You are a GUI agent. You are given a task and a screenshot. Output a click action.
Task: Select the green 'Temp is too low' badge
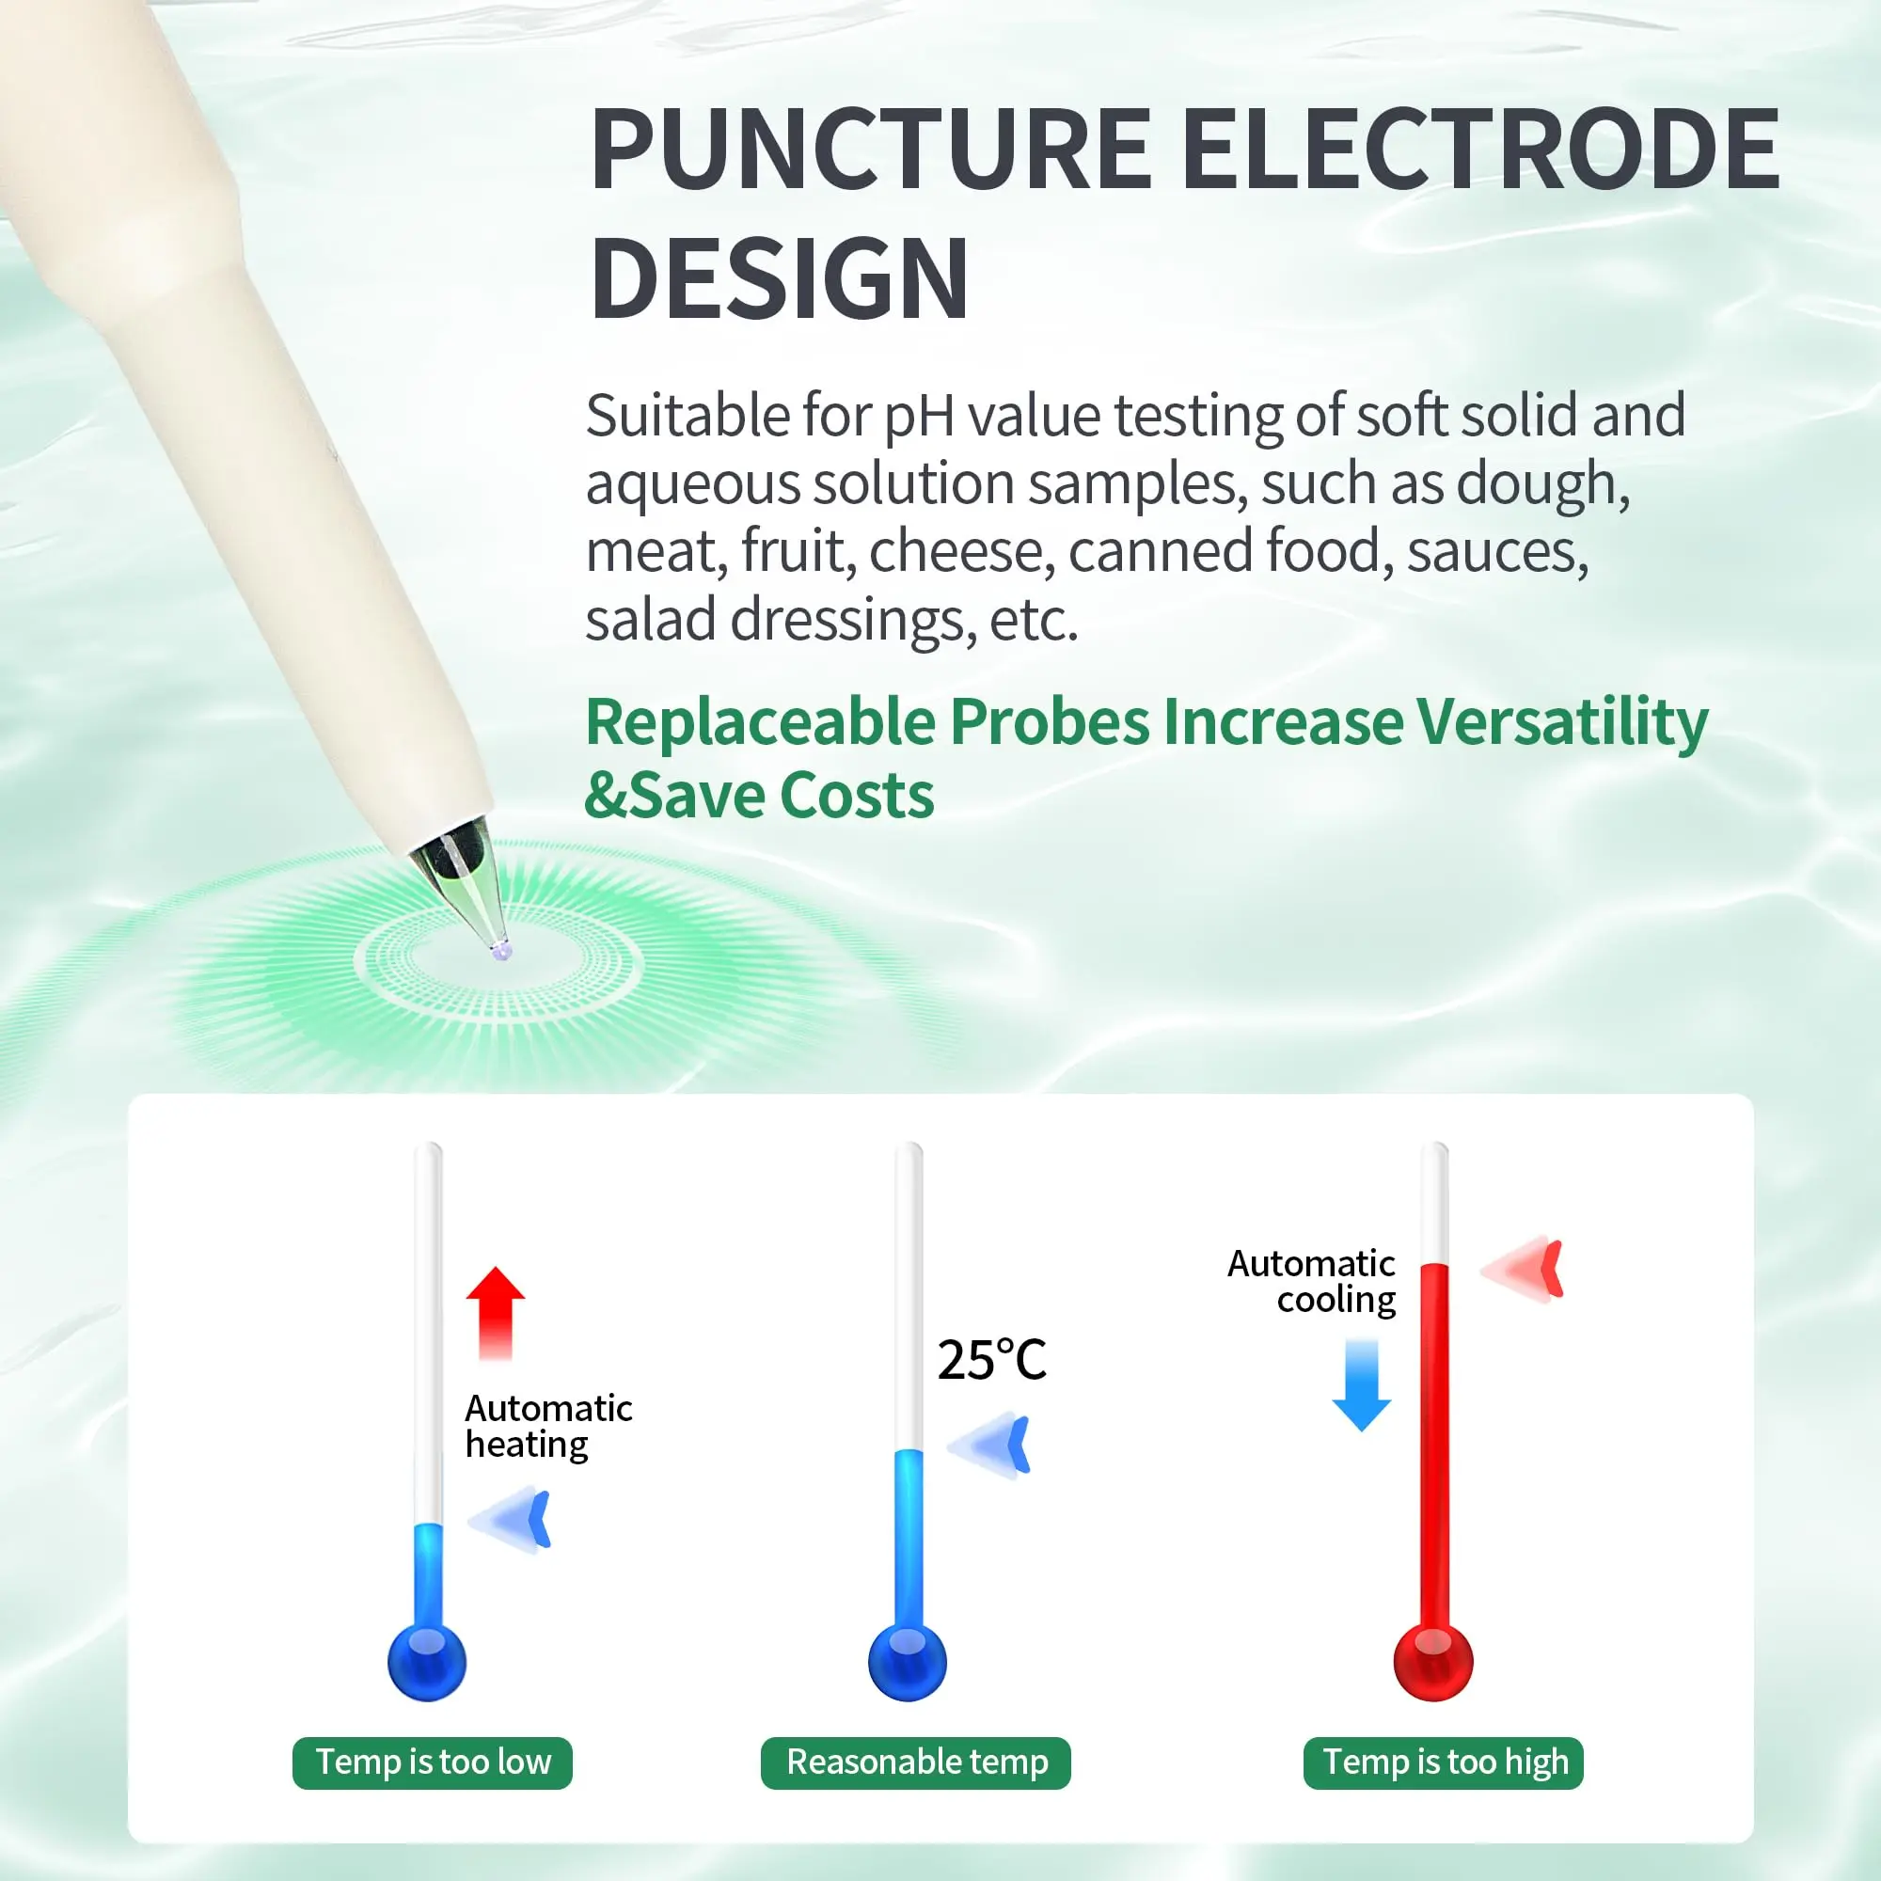click(x=433, y=1762)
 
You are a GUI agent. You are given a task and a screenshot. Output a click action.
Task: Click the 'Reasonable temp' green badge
click(x=915, y=1762)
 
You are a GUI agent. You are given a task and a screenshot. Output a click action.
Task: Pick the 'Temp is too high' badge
click(x=1444, y=1762)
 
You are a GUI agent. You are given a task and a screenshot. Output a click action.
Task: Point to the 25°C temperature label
click(x=991, y=1360)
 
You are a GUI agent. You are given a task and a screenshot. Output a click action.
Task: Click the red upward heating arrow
click(x=496, y=1312)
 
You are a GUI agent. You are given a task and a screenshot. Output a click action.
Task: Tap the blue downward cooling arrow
click(x=1361, y=1385)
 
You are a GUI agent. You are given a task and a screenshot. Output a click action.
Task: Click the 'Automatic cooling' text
click(x=1311, y=1281)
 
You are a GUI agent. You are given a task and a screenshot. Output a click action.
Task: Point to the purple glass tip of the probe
click(x=501, y=950)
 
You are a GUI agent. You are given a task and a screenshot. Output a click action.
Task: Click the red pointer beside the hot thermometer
click(x=1522, y=1270)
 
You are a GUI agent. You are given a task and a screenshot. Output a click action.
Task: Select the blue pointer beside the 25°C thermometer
click(x=988, y=1446)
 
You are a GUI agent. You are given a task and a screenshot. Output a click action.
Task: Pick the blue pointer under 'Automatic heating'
click(x=509, y=1520)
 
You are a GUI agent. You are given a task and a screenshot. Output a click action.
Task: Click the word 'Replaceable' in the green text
click(x=760, y=722)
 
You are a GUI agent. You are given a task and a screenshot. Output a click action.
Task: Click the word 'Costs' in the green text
click(x=857, y=796)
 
